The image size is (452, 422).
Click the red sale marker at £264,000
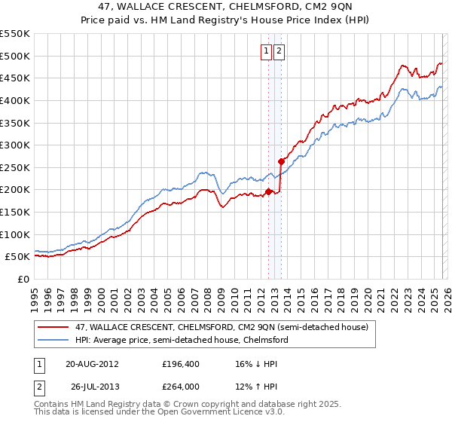(281, 161)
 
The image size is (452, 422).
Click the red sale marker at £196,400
(269, 191)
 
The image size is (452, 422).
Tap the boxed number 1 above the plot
(267, 51)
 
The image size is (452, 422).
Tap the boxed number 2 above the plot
(279, 51)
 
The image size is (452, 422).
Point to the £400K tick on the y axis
(16, 100)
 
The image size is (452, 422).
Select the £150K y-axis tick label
(16, 212)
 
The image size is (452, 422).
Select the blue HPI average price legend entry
(182, 340)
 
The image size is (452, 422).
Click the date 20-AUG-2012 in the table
(92, 363)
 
